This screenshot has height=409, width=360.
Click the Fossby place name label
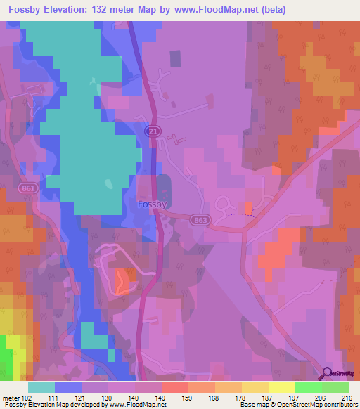pos(151,206)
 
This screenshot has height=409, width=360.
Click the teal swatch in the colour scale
pos(41,387)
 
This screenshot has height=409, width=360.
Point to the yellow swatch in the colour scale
pos(282,387)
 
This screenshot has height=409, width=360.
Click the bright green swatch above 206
pos(309,387)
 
